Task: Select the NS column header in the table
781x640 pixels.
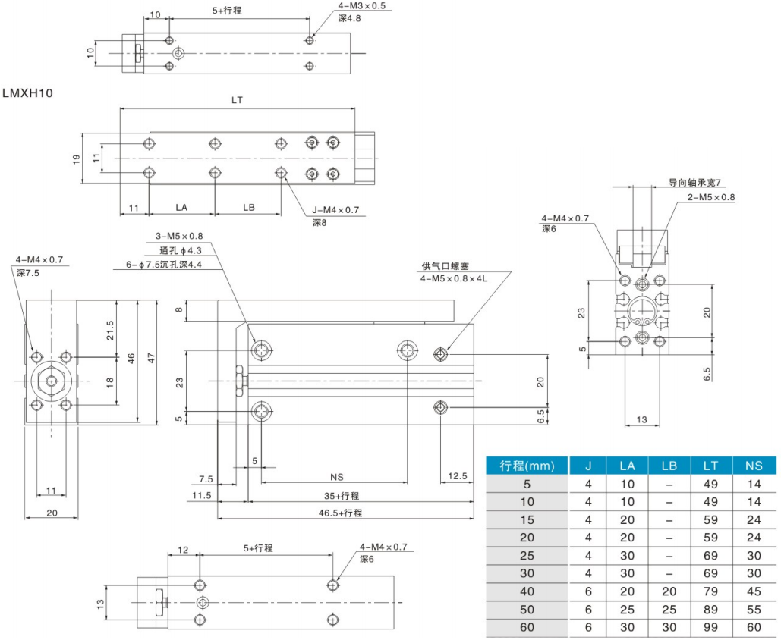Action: (753, 466)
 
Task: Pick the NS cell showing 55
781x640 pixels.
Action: (753, 610)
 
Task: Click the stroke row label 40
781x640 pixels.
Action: (527, 591)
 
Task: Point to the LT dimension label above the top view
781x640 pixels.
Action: (237, 100)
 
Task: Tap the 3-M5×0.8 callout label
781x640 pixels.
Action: (181, 236)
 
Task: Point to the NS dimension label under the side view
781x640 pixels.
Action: (337, 477)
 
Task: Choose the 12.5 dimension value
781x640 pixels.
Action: (457, 477)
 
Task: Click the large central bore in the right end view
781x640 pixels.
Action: (642, 309)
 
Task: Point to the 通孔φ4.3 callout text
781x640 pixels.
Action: (181, 251)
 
